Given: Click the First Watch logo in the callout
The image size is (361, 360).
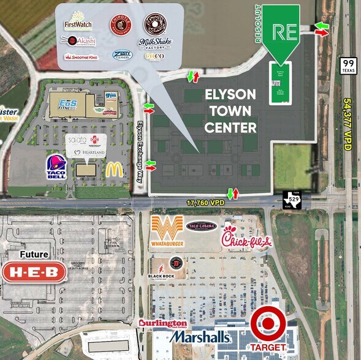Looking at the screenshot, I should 78,22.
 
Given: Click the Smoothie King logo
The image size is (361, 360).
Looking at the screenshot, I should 81,57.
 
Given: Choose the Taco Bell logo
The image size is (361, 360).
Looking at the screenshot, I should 55,166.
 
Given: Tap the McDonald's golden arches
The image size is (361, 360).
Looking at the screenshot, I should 114,170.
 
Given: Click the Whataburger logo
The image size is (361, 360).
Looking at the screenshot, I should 166,233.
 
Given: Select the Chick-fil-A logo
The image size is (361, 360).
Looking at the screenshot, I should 245,237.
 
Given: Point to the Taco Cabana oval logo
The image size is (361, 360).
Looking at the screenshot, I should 202,227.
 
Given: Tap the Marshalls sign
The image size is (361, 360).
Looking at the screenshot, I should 200,337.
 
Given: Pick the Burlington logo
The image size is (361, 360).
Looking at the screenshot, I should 163,323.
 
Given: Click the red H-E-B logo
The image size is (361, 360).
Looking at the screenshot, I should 34,272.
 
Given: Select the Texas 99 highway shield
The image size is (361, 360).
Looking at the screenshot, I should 349,66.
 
